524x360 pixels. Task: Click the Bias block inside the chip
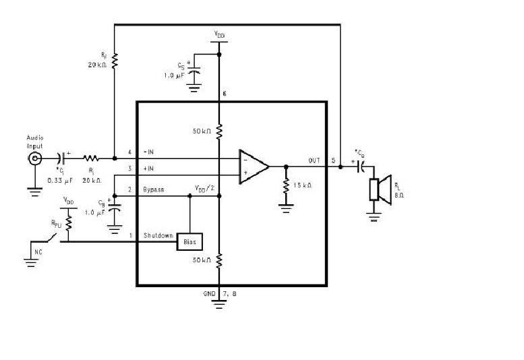coord(190,241)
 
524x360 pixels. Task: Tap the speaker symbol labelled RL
coord(382,189)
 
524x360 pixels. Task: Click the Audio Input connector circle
coord(34,159)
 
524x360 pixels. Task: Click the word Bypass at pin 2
coord(153,190)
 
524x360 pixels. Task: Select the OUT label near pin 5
coord(314,160)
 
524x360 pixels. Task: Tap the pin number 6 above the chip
coord(223,91)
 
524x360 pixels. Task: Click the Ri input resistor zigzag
coord(90,159)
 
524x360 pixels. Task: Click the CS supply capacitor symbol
coord(194,71)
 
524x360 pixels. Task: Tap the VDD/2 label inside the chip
coord(204,187)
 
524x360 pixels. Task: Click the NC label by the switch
coord(38,253)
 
